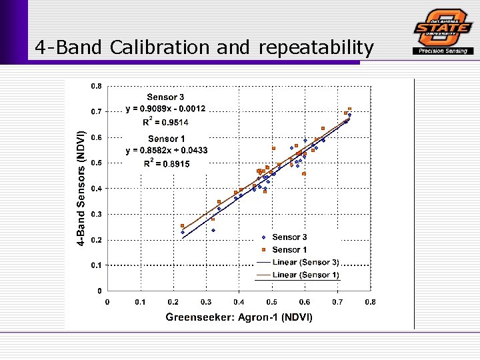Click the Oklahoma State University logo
coord(443,27)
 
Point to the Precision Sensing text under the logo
coord(443,51)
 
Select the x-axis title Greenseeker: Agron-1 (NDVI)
coord(239,317)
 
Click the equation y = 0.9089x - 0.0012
coord(166,109)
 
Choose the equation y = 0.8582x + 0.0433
coord(167,151)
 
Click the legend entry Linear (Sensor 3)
coord(305,263)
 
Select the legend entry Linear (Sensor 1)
coord(305,275)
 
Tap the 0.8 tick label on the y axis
coord(97,86)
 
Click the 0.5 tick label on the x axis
coord(272,301)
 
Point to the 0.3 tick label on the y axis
coord(97,214)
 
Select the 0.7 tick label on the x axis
coord(337,301)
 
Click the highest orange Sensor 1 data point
coord(349,109)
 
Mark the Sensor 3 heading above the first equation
coord(166,97)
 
